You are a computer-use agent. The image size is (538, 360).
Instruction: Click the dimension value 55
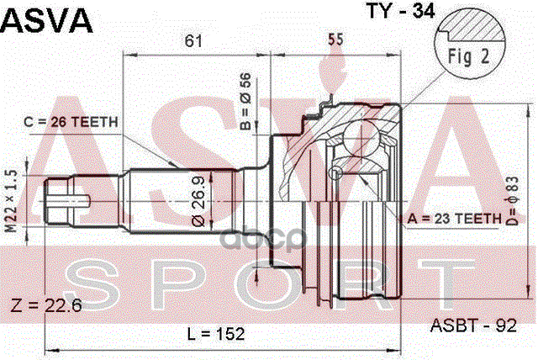[x=335, y=41]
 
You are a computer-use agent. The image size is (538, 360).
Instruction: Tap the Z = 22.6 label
[x=45, y=305]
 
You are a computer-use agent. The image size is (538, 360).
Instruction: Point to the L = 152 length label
[x=215, y=334]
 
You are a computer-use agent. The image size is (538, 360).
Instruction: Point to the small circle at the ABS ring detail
[x=336, y=172]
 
